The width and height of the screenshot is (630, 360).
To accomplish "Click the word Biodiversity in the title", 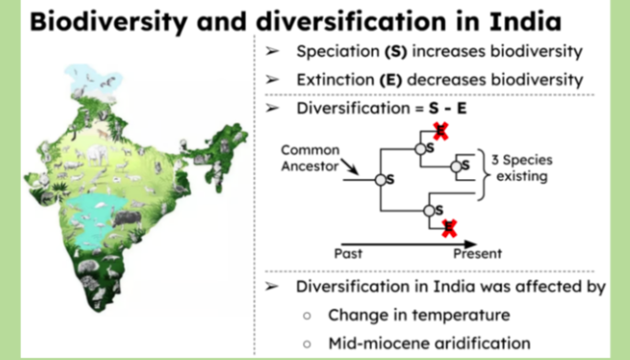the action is (108, 22).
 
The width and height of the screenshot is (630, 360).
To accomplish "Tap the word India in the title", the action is (525, 21).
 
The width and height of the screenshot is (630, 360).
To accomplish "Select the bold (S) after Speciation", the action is (396, 51).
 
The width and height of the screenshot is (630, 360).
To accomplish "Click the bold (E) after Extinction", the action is (390, 80).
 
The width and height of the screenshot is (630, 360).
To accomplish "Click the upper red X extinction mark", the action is (441, 131).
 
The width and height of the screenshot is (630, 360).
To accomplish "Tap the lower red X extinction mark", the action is (449, 228).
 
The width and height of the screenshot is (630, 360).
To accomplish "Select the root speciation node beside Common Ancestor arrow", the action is (380, 180).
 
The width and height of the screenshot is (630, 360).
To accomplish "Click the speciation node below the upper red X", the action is (421, 149).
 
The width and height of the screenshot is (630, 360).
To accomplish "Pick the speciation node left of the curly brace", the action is (456, 166).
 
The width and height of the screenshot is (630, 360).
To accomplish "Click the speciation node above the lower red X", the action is (429, 210).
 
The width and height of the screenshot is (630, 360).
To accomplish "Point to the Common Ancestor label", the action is (310, 158).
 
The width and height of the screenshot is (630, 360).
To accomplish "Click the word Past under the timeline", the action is (348, 253).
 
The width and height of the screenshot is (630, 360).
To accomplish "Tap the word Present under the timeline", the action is (478, 253).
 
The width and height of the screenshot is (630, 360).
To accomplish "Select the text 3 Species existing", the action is (522, 168).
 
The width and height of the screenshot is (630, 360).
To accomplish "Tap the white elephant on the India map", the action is (96, 154).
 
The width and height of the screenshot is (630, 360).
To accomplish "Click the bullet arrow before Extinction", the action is (272, 80).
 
